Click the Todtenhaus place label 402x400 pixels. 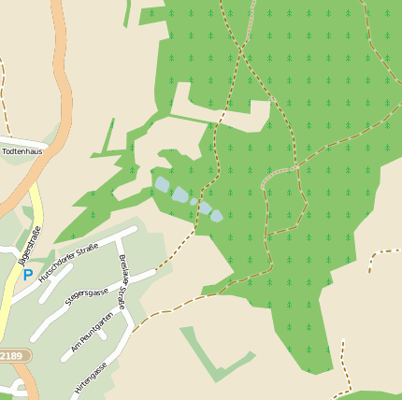click(x=22, y=150)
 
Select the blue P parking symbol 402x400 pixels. click(x=28, y=275)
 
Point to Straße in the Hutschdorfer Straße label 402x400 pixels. click(x=88, y=249)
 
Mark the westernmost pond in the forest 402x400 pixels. click(x=163, y=184)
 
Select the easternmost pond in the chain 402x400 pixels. click(x=217, y=215)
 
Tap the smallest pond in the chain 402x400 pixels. click(x=194, y=201)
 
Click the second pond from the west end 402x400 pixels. click(x=179, y=194)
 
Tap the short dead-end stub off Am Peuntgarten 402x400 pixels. click(x=102, y=333)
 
